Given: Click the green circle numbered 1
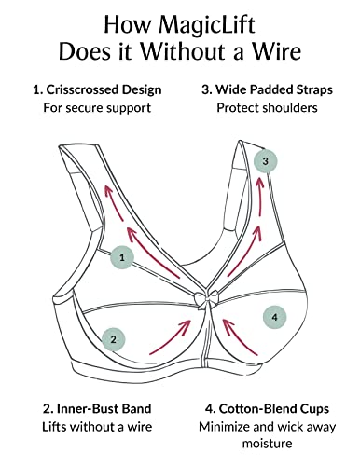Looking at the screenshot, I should (123, 254).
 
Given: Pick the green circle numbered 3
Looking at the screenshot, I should (266, 162).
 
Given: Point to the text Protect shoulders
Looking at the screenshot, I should (267, 108).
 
